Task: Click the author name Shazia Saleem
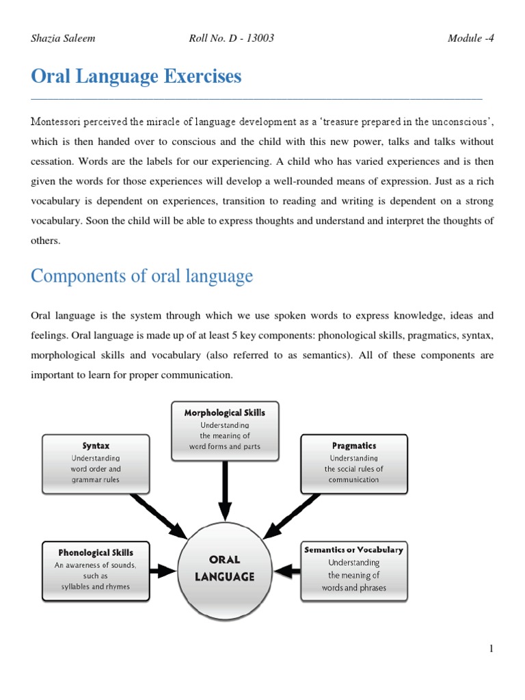63,38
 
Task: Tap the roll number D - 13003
231,38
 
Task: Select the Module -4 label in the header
470,38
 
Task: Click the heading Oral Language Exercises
136,77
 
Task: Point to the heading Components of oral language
142,276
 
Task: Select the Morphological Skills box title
224,413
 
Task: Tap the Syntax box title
96,446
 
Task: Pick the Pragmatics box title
353,446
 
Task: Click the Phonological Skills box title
96,552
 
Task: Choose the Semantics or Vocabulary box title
353,550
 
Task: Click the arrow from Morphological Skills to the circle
224,488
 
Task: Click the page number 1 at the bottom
491,649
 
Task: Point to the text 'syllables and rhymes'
96,587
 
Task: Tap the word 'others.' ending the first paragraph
46,241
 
